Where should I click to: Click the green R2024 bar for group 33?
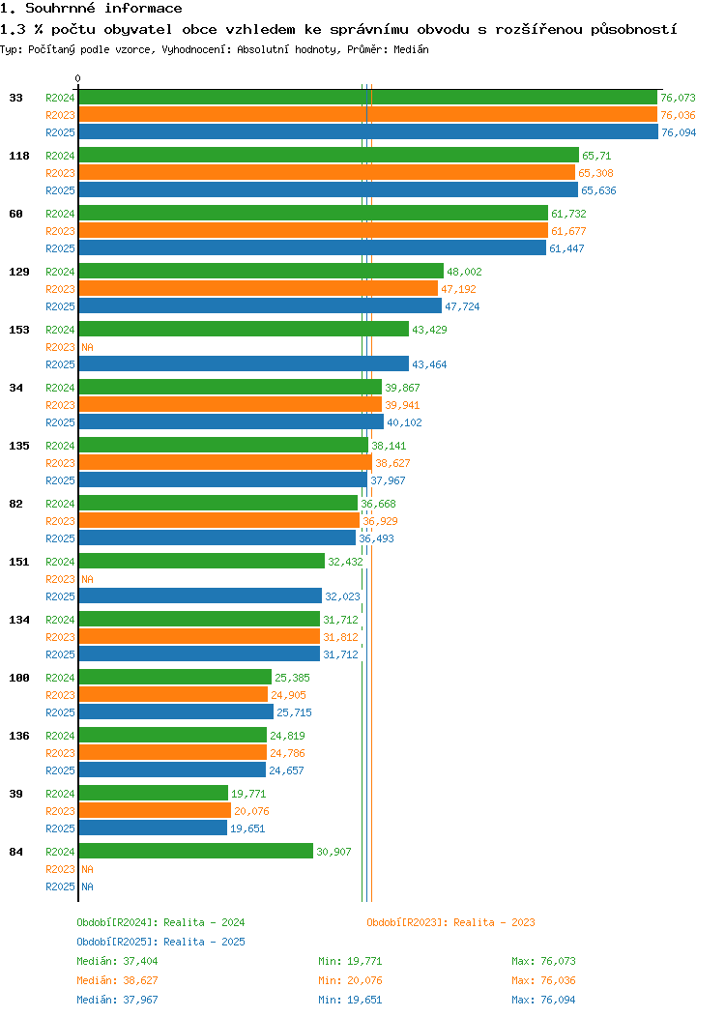click(367, 98)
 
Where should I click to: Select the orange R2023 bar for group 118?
click(327, 173)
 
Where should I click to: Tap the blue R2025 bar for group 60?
click(312, 248)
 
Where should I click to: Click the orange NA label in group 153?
click(87, 347)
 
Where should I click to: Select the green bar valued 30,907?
click(195, 852)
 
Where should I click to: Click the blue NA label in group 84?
click(87, 886)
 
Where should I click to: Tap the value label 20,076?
click(251, 811)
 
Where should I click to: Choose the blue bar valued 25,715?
click(176, 712)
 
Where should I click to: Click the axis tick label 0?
click(78, 78)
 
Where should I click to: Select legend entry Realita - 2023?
click(450, 922)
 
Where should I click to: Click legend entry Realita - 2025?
click(160, 942)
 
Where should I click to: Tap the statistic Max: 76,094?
click(543, 1000)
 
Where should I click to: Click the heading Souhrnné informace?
click(92, 9)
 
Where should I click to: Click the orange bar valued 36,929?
click(218, 521)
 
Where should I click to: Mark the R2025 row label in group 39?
click(60, 828)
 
